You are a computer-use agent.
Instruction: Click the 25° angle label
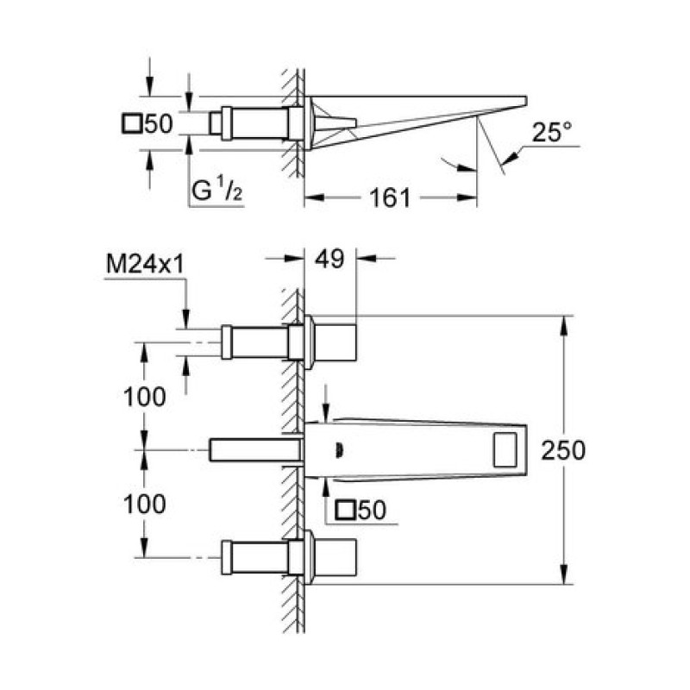552,132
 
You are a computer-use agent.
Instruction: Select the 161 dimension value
390,198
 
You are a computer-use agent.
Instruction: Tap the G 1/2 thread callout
217,190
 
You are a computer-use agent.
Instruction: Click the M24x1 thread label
145,265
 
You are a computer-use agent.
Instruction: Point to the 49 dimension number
329,259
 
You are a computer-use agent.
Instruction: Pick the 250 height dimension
563,449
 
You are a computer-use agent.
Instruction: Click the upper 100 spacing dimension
145,396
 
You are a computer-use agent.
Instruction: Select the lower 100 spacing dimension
145,504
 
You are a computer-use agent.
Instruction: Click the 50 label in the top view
159,123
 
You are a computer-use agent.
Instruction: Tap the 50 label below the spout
373,510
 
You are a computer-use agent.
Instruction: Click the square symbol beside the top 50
132,123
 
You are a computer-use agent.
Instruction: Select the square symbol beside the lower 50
344,510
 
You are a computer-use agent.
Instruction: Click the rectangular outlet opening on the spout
505,449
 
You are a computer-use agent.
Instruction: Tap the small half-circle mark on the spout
340,450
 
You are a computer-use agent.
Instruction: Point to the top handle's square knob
336,342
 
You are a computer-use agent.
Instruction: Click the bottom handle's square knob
336,557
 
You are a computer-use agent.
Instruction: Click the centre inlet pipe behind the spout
255,449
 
